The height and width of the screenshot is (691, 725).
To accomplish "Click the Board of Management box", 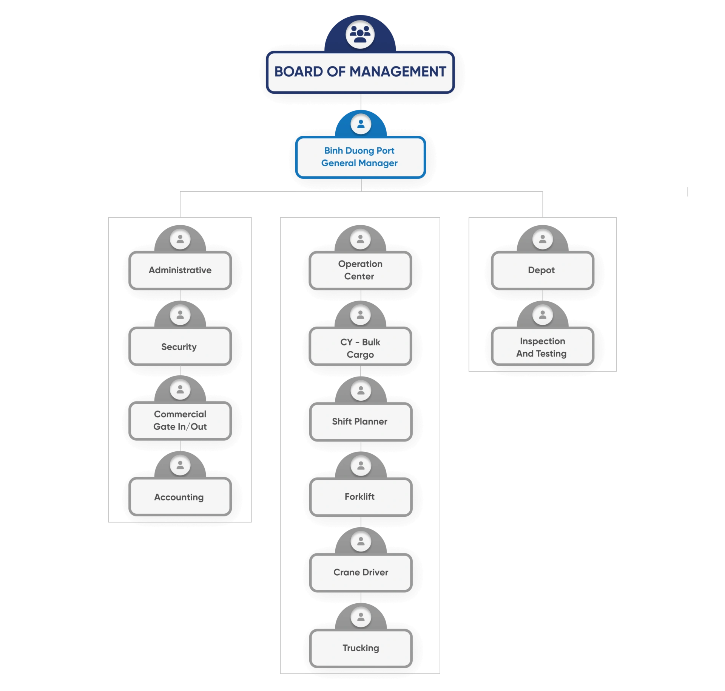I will tap(360, 72).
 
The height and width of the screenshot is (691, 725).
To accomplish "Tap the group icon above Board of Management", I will tap(360, 34).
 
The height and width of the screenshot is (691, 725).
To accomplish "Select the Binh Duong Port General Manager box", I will tap(360, 157).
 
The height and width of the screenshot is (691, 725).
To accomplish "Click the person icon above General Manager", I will tap(361, 124).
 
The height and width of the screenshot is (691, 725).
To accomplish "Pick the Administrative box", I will tap(180, 270).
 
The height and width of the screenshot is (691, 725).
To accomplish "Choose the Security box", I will tap(180, 346).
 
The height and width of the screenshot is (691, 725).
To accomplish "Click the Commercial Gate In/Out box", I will tap(180, 420).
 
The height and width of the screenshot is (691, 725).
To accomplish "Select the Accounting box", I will tap(180, 497).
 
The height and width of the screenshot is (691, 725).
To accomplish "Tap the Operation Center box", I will tap(360, 270).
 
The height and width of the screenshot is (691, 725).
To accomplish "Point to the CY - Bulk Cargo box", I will tap(360, 348).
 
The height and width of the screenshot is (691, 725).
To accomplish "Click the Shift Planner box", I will tap(361, 421).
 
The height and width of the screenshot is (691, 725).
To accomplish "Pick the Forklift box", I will tap(361, 497).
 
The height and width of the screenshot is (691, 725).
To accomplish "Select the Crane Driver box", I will tap(361, 572).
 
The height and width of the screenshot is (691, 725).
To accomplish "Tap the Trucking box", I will tap(361, 648).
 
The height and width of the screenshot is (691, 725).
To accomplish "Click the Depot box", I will tap(542, 270).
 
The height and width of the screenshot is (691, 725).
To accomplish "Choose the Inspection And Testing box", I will tap(542, 347).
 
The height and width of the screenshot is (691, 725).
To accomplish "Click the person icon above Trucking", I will tap(361, 617).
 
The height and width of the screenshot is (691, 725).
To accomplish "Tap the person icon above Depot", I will tap(543, 239).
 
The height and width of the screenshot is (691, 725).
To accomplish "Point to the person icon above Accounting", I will tap(180, 465).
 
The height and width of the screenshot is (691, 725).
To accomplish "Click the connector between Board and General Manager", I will tap(361, 101).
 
